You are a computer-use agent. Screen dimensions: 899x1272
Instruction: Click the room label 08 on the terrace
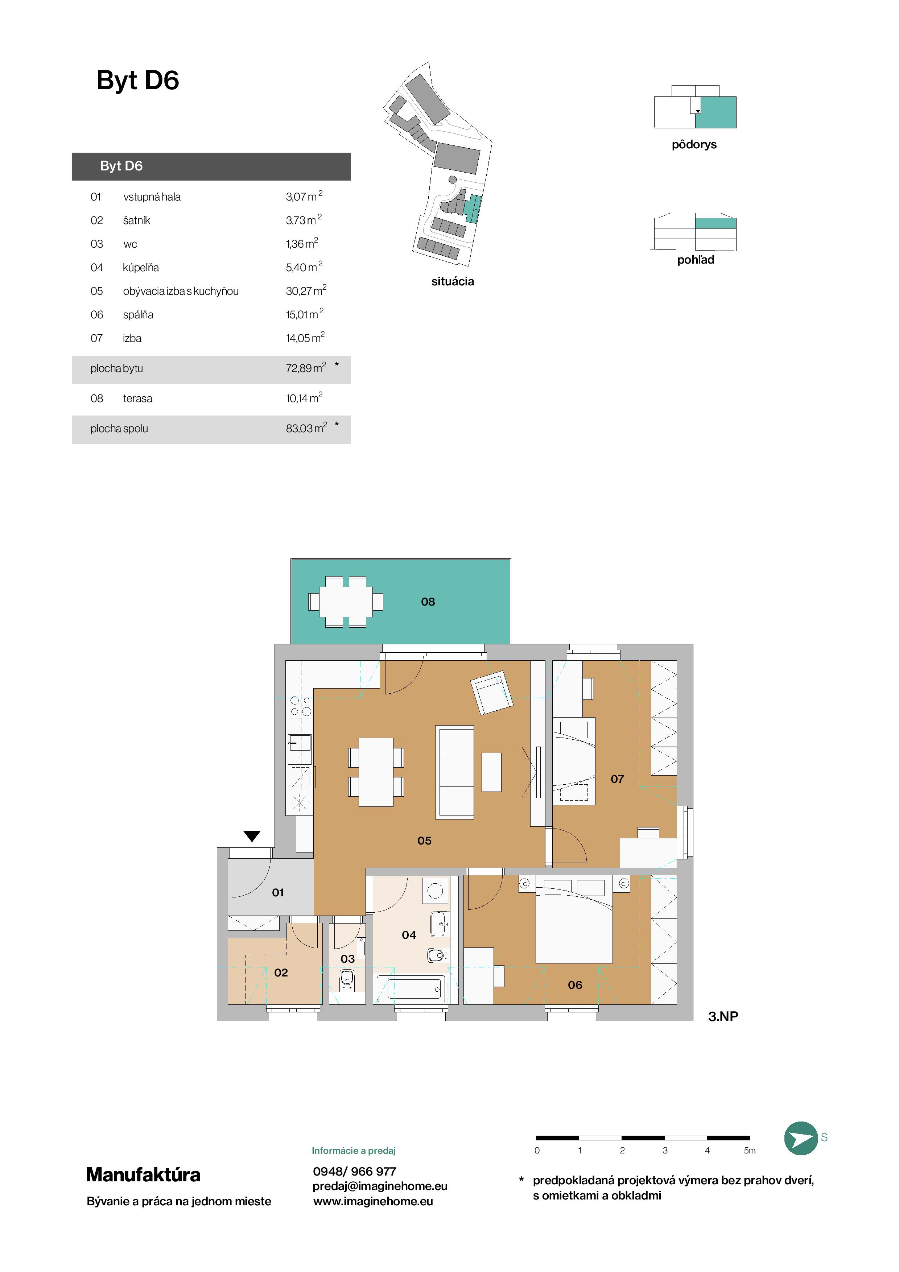(428, 602)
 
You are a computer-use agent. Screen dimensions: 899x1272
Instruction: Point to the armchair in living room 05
(491, 693)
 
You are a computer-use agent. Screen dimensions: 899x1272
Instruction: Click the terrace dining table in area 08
(346, 602)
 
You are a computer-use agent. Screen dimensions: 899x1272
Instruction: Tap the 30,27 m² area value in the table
(306, 290)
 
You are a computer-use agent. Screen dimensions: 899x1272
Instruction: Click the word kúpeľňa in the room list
(141, 268)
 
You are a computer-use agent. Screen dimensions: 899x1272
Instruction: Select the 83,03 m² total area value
(306, 428)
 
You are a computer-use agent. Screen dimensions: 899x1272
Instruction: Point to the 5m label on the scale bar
(750, 1150)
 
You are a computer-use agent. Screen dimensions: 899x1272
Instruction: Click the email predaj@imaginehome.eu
(380, 1186)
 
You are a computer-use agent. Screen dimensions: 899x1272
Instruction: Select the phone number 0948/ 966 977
(355, 1171)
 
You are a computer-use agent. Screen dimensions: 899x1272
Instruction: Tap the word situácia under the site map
(453, 281)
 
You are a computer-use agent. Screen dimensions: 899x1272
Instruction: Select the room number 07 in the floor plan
(617, 779)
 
